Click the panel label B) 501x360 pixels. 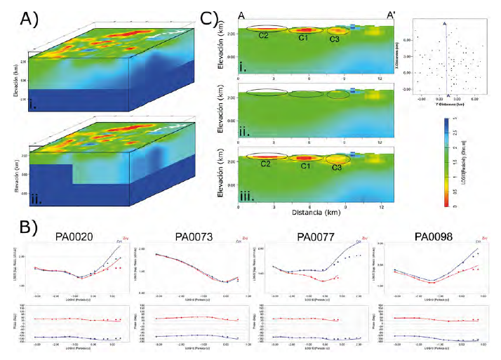pos(16,229)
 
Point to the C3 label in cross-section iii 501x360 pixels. pos(338,168)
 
